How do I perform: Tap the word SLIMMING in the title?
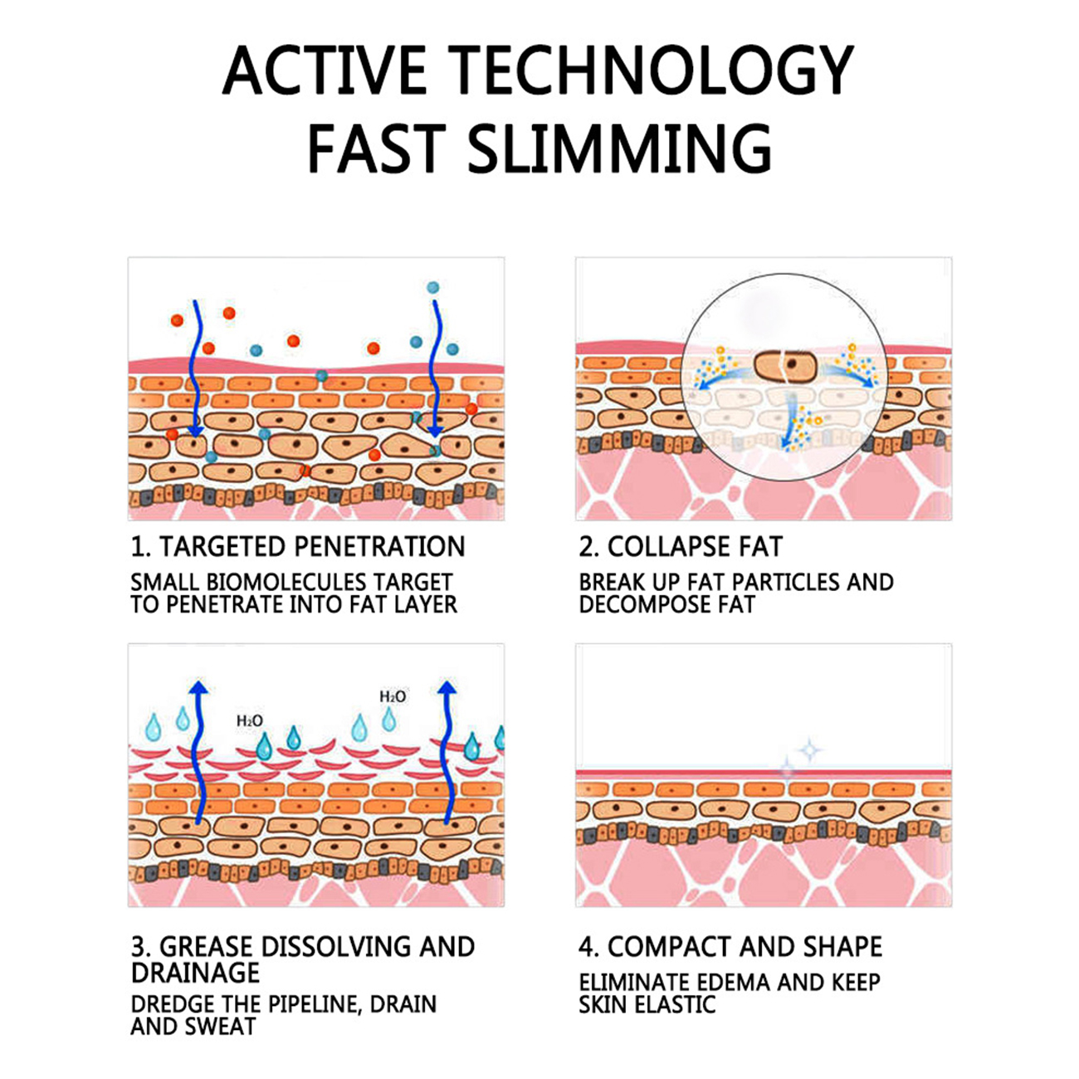pyautogui.click(x=619, y=148)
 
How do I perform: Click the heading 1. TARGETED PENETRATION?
pyautogui.click(x=297, y=546)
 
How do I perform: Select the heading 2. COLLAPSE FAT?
pyautogui.click(x=680, y=546)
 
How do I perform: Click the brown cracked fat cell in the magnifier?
pyautogui.click(x=785, y=367)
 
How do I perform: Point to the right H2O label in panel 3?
pyautogui.click(x=393, y=696)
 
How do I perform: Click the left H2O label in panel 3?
pyautogui.click(x=249, y=720)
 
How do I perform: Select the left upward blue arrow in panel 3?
pyautogui.click(x=197, y=751)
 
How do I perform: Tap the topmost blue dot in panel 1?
pyautogui.click(x=432, y=288)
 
